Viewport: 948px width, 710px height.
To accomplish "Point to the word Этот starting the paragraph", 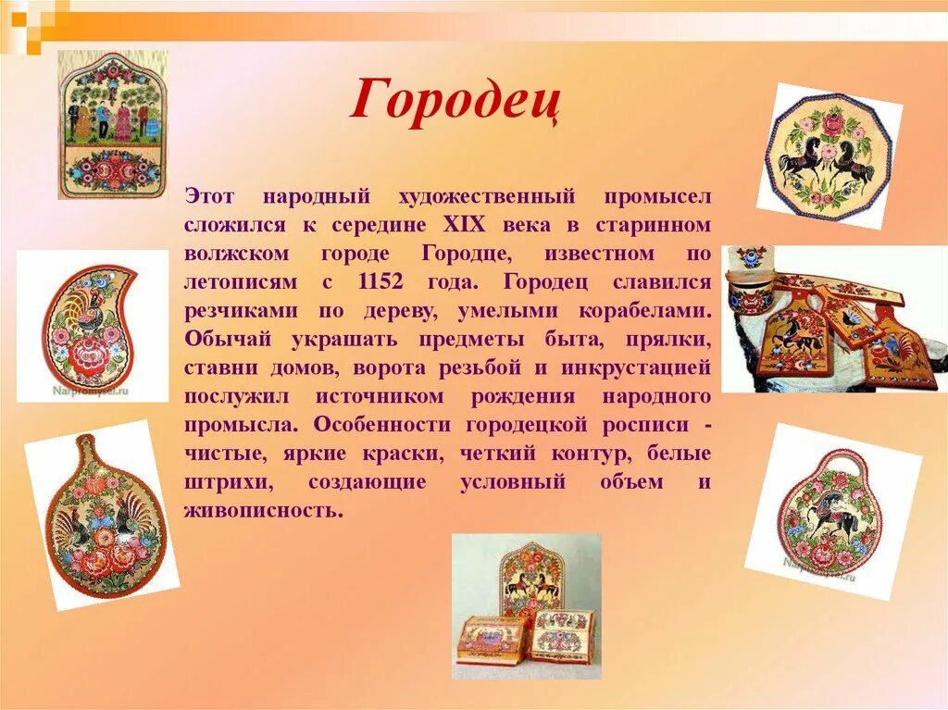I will tap(210, 196).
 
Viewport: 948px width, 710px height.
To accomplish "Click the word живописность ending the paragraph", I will tap(257, 511).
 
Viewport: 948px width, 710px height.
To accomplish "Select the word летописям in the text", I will tap(230, 282).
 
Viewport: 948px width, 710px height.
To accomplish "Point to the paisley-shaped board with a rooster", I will tap(90, 325).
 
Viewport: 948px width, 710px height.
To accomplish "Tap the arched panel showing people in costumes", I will tap(112, 124).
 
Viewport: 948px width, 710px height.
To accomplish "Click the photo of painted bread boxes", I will tap(525, 606).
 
